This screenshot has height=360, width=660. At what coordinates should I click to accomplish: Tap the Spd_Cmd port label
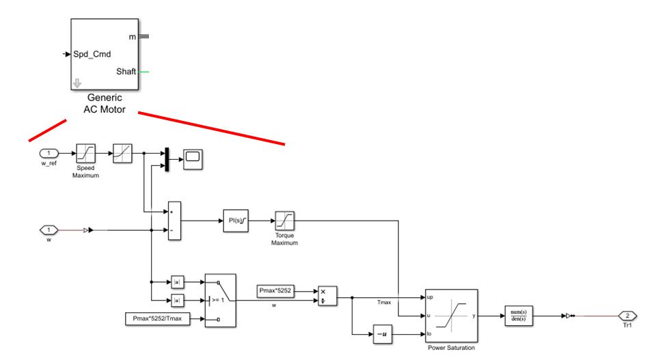[92, 54]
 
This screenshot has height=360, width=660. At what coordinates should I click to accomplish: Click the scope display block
[193, 158]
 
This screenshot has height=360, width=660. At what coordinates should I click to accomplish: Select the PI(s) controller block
[234, 221]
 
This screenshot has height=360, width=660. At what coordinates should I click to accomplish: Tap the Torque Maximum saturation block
[284, 221]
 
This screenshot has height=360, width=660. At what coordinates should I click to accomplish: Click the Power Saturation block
[450, 316]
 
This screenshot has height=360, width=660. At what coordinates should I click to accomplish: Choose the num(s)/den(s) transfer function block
[519, 316]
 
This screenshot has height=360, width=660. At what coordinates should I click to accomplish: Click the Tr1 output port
[627, 316]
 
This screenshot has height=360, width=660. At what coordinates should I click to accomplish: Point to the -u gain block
[383, 334]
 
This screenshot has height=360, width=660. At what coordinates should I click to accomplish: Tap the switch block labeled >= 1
[220, 300]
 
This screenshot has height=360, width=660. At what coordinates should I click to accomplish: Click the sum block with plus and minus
[174, 221]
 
